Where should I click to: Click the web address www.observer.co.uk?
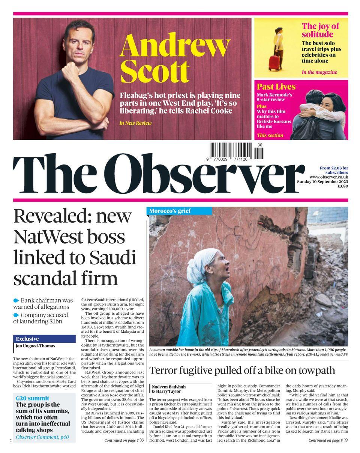(328, 177)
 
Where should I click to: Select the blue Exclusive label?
(27, 339)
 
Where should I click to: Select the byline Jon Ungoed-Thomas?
(35, 346)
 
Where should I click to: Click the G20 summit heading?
(32, 398)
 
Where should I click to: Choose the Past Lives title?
(276, 87)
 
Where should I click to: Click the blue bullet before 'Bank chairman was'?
(16, 301)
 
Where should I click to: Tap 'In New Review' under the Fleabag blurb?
(135, 123)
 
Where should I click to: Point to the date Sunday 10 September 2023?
(322, 181)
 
